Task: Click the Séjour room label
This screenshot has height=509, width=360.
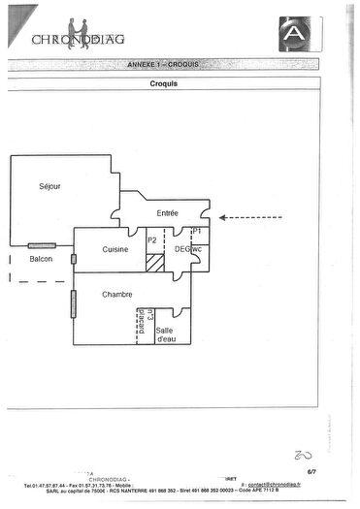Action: click(49, 185)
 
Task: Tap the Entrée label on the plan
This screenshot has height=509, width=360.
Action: click(168, 212)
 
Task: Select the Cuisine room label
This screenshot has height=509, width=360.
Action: click(115, 249)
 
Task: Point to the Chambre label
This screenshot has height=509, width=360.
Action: click(116, 295)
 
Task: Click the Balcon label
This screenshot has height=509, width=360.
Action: click(41, 260)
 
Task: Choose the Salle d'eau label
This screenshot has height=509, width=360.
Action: click(166, 334)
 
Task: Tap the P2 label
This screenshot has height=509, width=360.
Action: click(152, 239)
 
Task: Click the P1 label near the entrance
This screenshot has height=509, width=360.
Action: click(196, 232)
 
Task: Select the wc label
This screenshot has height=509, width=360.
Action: click(195, 249)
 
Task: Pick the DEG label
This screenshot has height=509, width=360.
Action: click(180, 249)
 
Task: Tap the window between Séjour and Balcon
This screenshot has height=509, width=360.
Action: click(42, 245)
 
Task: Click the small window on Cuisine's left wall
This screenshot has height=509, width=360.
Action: click(73, 259)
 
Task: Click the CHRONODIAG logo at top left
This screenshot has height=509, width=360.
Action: click(79, 36)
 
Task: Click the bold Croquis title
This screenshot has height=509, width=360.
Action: click(163, 83)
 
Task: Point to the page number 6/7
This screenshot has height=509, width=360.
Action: click(312, 470)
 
